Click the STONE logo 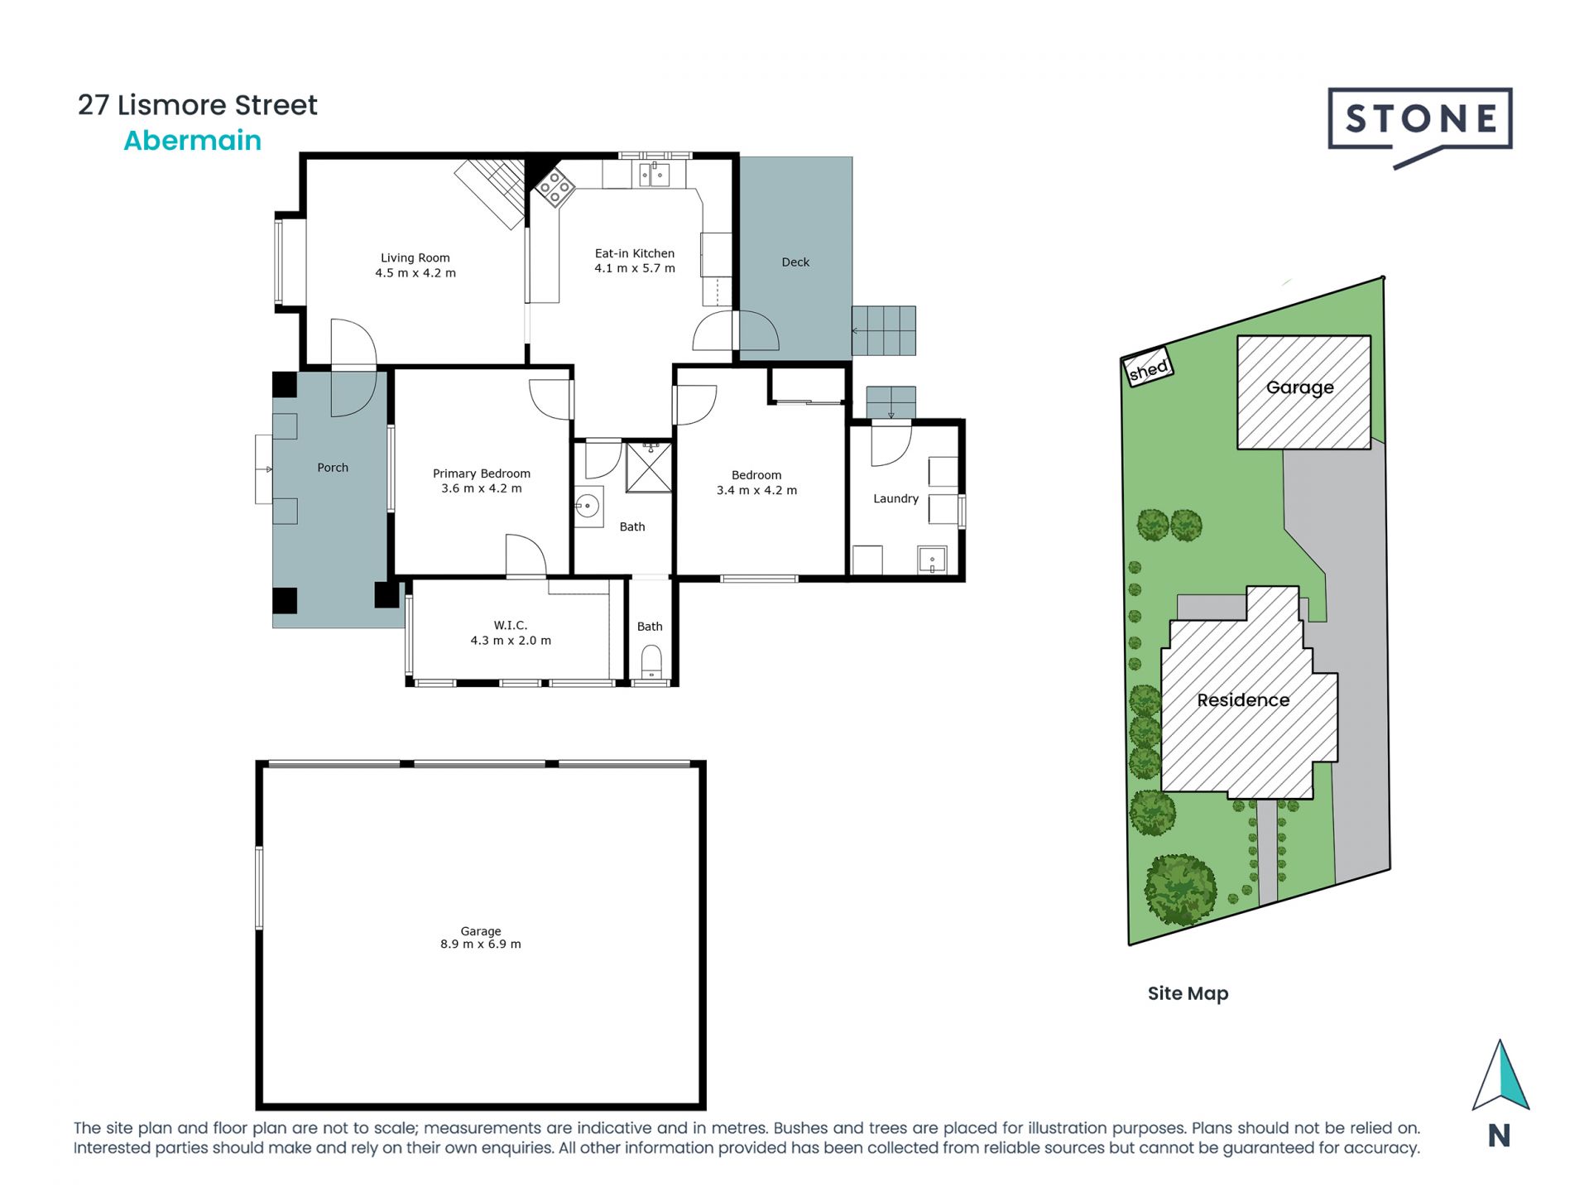(x=1419, y=121)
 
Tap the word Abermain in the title (x=192, y=141)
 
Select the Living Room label (x=415, y=258)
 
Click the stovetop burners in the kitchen (x=554, y=188)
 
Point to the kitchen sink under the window (x=654, y=175)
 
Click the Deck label (x=795, y=262)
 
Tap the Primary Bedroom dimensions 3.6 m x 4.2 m (x=481, y=489)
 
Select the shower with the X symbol (x=648, y=469)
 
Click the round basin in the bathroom (x=588, y=505)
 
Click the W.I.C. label (x=510, y=626)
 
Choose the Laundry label (x=895, y=499)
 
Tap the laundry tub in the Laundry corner (x=932, y=560)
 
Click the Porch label (x=333, y=468)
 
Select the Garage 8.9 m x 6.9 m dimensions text (x=480, y=944)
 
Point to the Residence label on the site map (x=1242, y=700)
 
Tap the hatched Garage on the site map (x=1303, y=389)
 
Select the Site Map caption (x=1187, y=993)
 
